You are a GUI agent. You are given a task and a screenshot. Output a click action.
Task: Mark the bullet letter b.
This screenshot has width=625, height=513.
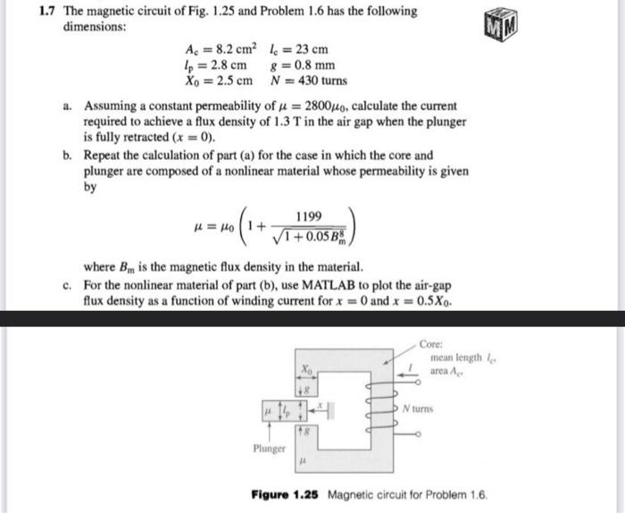(x=68, y=156)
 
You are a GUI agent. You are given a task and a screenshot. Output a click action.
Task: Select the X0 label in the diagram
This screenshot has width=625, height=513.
(x=307, y=367)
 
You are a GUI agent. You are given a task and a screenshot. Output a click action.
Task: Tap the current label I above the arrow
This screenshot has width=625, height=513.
(x=410, y=366)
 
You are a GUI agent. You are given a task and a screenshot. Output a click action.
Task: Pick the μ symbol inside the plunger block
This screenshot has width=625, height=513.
(x=265, y=411)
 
